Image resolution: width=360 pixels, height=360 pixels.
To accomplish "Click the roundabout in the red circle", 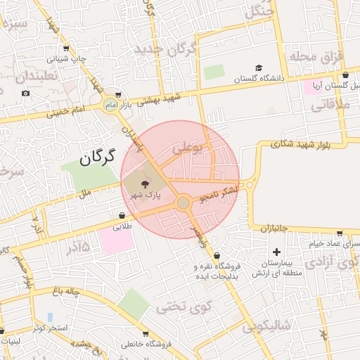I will (184, 203).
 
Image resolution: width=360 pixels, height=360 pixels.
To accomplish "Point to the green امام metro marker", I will (109, 105).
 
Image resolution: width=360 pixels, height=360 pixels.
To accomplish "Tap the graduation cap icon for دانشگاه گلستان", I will (259, 68).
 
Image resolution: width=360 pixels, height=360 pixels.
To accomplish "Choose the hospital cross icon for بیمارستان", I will (276, 251).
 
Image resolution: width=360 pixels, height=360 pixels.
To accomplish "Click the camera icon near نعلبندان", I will (26, 94).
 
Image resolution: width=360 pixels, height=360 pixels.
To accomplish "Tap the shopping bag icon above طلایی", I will (122, 216).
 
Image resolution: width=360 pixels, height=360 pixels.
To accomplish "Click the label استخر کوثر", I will (49, 328).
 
